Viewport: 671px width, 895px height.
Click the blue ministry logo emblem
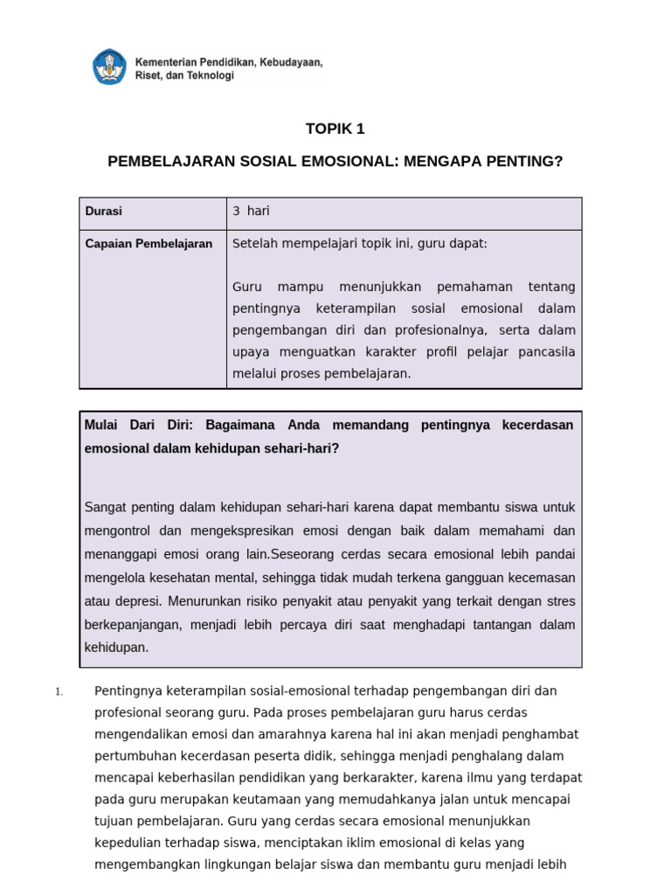point(110,67)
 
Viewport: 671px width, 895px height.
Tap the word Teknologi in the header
point(211,76)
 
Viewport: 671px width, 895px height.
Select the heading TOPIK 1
point(335,129)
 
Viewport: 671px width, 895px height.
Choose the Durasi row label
point(104,212)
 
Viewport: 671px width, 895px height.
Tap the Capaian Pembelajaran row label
point(149,244)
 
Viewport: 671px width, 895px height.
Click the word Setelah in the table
point(254,243)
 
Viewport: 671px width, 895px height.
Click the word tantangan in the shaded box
point(470,625)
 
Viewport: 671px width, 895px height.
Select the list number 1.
point(58,692)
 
